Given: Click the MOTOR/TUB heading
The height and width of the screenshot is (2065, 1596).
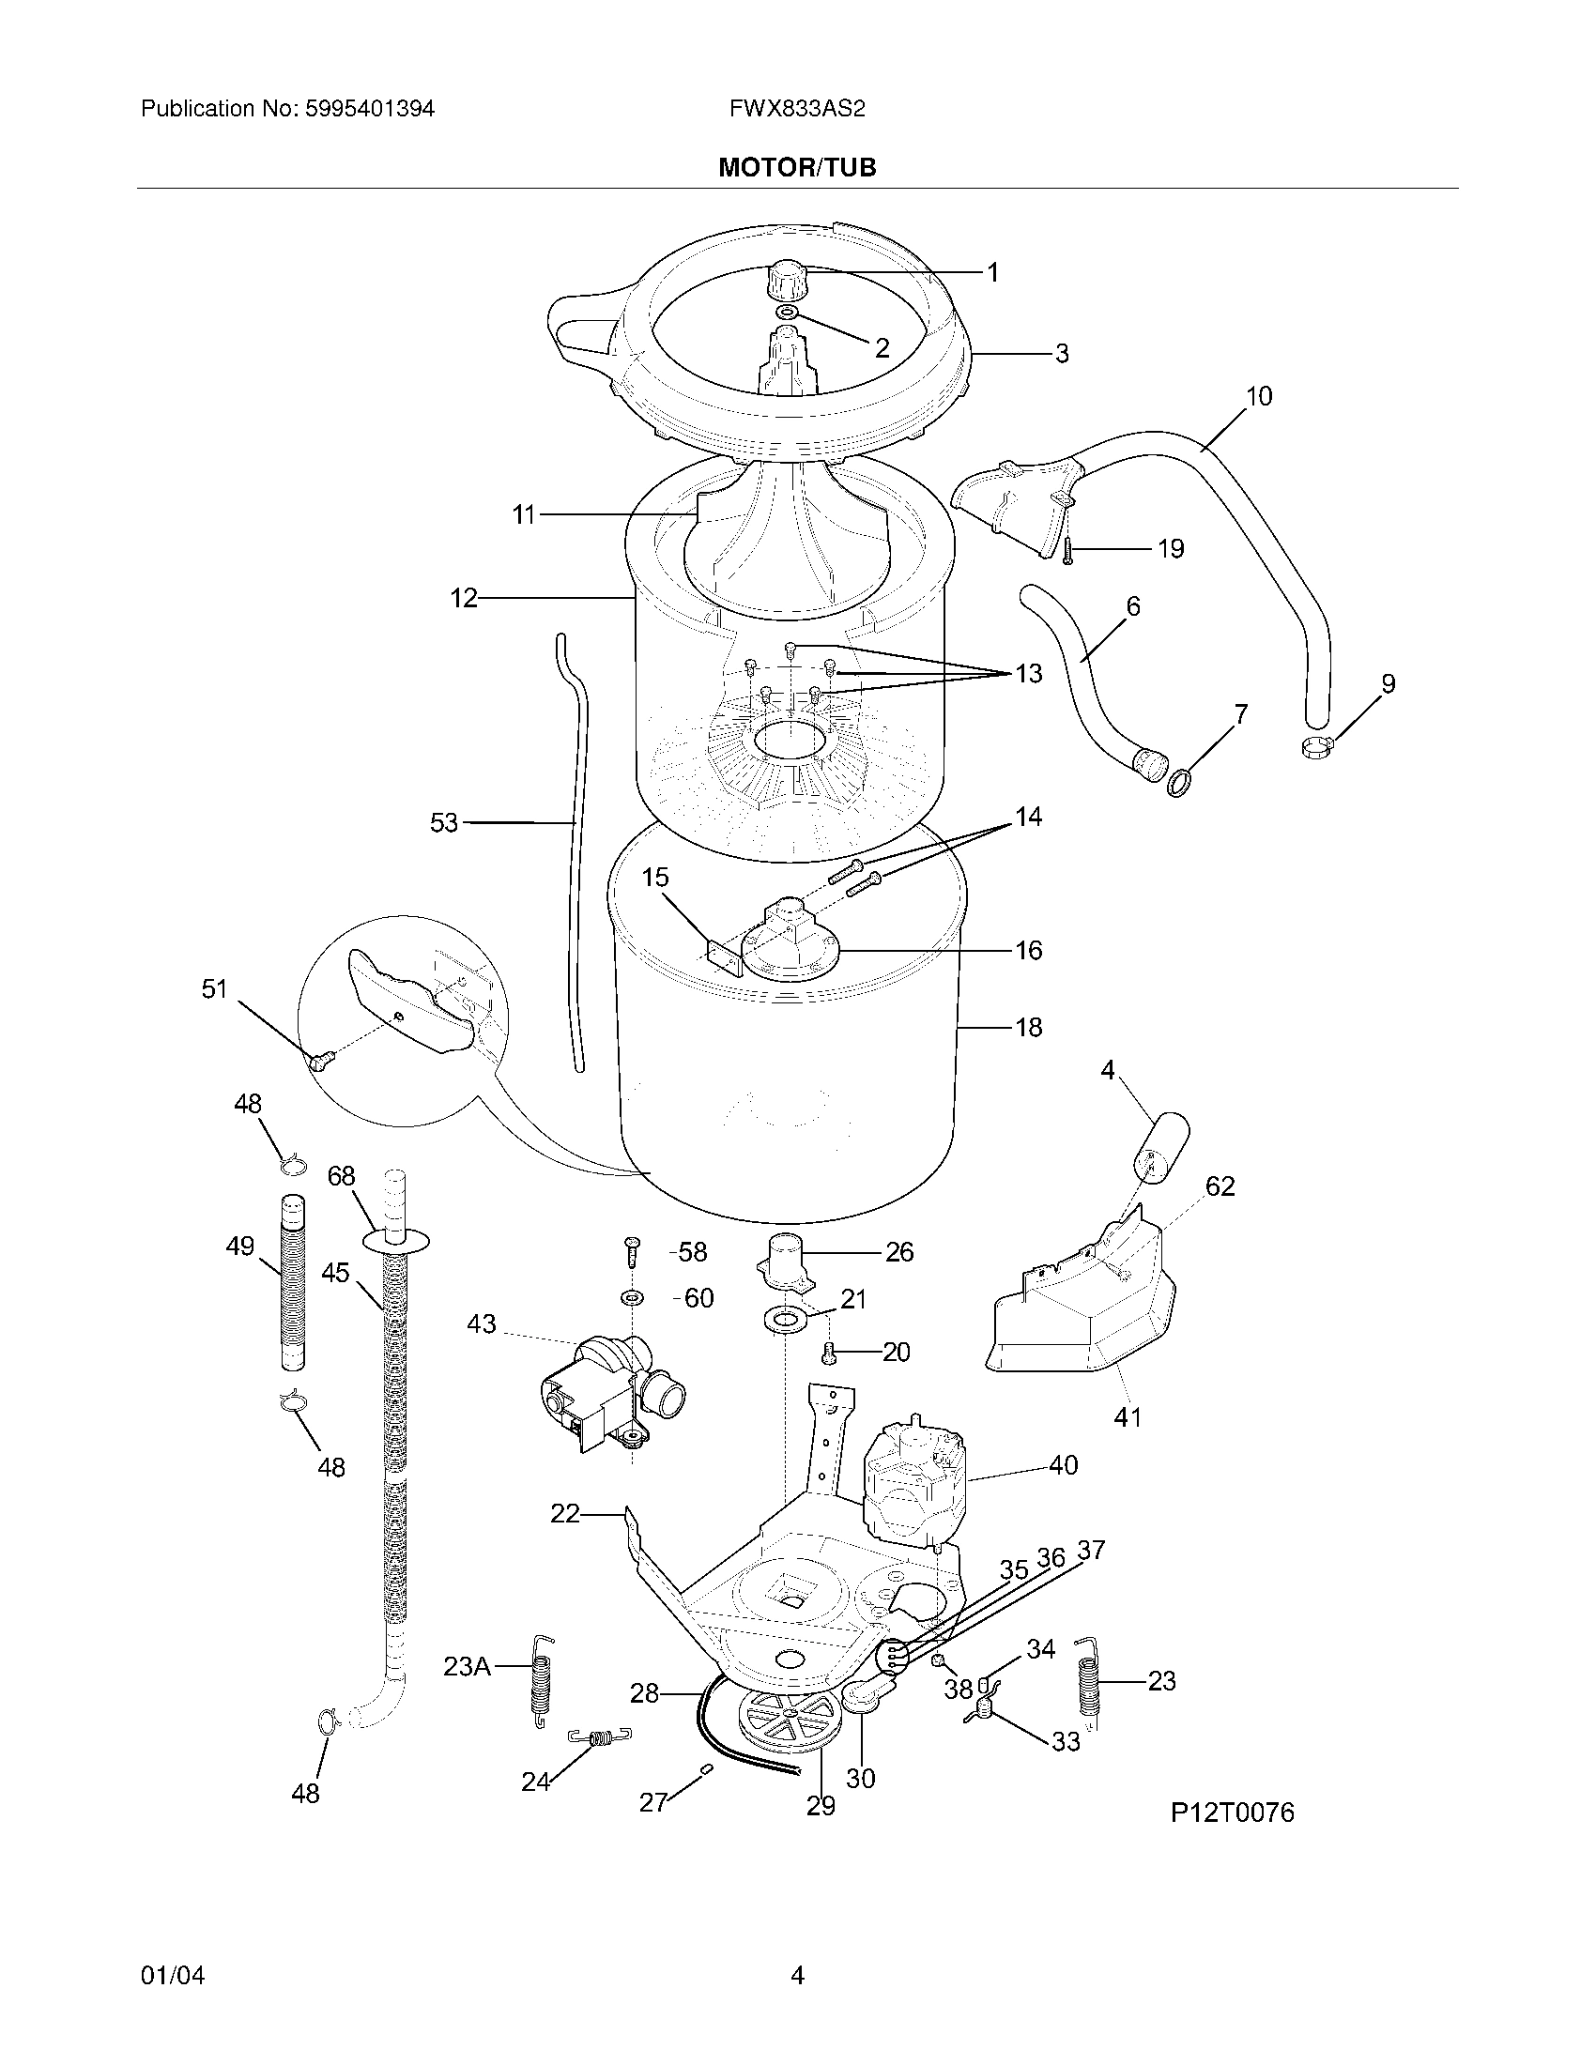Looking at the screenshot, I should click(797, 167).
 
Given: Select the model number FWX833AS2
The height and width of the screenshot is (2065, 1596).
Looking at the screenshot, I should click(796, 109).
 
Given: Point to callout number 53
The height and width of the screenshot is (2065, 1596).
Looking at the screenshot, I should click(443, 822).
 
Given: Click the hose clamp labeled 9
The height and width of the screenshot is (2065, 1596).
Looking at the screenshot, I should click(1314, 748).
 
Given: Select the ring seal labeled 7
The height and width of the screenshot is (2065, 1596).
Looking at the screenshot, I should click(1179, 783).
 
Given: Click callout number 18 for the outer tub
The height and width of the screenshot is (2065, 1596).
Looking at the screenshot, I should click(1028, 1027).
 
